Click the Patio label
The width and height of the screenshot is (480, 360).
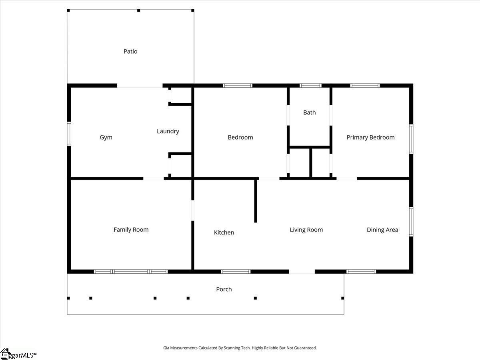click(130, 51)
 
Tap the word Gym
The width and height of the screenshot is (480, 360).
click(106, 138)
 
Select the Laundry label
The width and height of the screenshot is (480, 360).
click(168, 131)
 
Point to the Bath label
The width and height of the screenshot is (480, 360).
click(310, 112)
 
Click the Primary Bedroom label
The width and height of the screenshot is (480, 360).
click(371, 138)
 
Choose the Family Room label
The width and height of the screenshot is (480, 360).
click(131, 230)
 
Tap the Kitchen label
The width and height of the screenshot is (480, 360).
click(224, 232)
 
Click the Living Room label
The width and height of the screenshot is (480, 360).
click(306, 230)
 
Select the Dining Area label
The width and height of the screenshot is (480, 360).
click(382, 230)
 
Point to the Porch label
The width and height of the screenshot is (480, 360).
click(224, 289)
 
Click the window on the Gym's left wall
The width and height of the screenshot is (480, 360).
click(69, 134)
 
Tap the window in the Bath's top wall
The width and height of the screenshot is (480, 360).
click(310, 86)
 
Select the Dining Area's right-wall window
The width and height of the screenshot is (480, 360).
click(411, 222)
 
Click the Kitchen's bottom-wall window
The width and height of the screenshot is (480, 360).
click(236, 272)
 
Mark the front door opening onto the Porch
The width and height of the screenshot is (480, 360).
click(302, 272)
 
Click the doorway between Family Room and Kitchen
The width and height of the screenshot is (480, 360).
click(193, 210)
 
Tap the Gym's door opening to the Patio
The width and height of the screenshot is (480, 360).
click(140, 86)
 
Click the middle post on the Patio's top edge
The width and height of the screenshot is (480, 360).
click(138, 10)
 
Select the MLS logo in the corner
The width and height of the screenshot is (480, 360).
click(18, 354)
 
